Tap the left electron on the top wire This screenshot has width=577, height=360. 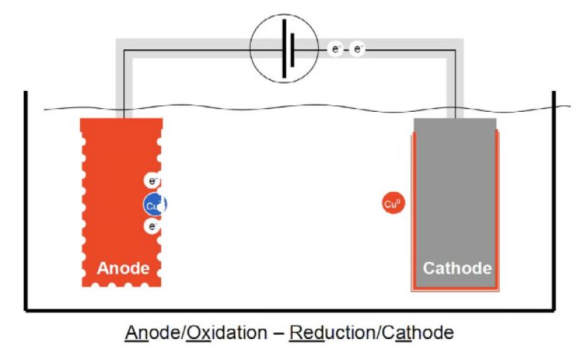pos(335,49)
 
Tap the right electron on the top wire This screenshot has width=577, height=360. pos(357,49)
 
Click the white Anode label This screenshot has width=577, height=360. pos(123,268)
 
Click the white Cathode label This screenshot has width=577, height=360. pos(457,268)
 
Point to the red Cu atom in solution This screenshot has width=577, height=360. pos(392,204)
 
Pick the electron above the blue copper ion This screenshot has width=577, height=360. pos(152,180)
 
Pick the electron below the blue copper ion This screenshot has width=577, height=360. pos(152,227)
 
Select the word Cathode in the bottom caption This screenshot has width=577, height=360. pos(411,333)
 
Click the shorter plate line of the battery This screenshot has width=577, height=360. pos(292,48)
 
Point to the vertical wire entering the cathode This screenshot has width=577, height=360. pos(456,87)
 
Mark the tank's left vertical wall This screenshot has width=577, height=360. pos(26,202)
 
